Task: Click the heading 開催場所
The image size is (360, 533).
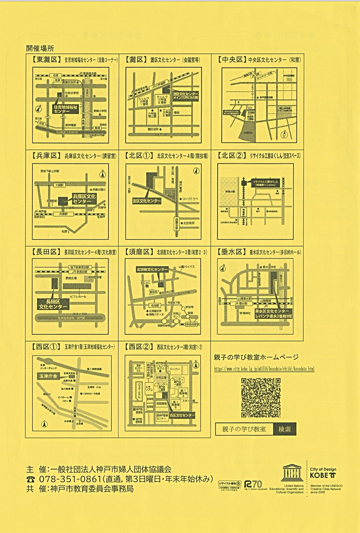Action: (40, 48)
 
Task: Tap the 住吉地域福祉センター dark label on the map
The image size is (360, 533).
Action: (66, 109)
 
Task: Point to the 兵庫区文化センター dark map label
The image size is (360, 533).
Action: (84, 199)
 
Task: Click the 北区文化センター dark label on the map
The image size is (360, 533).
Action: (147, 201)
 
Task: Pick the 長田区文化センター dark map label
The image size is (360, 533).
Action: (53, 304)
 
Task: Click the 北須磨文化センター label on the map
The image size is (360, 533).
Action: (152, 270)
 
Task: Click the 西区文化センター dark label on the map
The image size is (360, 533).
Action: (182, 415)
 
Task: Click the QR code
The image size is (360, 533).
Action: (261, 398)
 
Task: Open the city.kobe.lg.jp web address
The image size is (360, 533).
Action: (264, 369)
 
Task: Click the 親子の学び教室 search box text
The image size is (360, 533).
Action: (244, 429)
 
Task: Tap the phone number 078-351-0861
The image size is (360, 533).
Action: (70, 479)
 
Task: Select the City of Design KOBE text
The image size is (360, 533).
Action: (323, 473)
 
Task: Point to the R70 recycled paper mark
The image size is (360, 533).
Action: (253, 484)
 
